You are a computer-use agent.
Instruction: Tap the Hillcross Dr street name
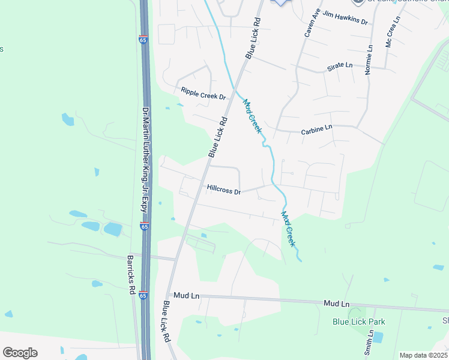(223, 190)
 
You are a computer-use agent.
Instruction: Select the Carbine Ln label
(316, 128)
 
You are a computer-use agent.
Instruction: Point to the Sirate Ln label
(340, 67)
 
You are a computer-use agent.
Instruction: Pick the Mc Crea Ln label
(392, 34)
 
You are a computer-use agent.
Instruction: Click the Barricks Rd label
(131, 275)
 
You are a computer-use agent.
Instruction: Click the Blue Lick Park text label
(359, 322)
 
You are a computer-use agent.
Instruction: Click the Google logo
(20, 352)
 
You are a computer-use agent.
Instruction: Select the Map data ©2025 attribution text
(423, 355)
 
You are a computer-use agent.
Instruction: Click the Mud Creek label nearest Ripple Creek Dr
(252, 115)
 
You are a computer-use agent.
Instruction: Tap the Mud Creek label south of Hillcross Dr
(288, 228)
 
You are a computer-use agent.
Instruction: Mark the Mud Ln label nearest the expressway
(186, 296)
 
